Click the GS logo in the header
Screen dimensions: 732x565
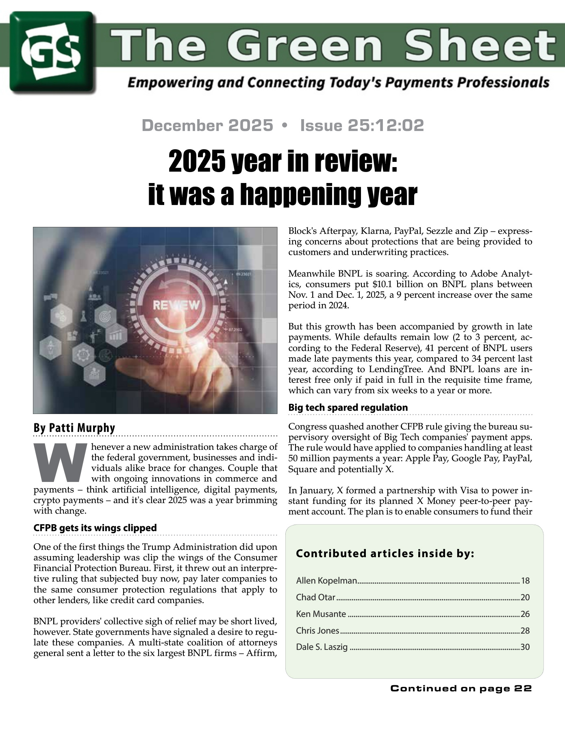52,52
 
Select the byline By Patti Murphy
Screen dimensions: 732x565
74,428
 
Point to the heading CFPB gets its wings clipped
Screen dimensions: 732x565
95,528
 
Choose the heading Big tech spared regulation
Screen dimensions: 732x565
348,407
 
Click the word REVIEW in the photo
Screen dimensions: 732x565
176,305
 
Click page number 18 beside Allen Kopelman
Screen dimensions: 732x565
525,581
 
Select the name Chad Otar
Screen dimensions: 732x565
315,597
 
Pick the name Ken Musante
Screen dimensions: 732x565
321,614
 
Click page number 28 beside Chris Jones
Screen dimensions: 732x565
525,631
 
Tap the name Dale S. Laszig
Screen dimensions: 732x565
322,647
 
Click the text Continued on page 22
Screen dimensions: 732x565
461,688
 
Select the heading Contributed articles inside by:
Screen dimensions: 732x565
385,553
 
